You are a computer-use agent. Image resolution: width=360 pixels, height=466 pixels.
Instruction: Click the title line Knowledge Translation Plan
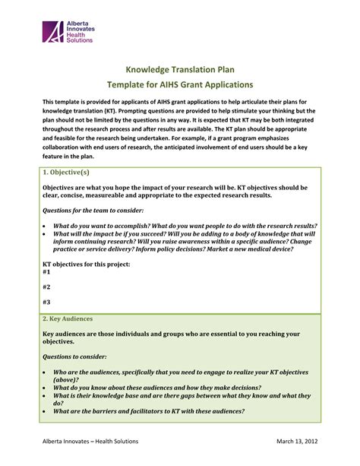tap(178, 68)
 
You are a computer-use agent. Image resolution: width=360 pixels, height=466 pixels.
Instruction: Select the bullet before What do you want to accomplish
tap(45, 227)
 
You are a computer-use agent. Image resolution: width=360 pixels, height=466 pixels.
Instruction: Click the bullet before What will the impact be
tap(45, 235)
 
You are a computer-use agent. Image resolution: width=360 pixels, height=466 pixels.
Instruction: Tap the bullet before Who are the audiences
tap(45, 372)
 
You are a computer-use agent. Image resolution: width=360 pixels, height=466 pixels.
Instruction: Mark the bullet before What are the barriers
tap(45, 411)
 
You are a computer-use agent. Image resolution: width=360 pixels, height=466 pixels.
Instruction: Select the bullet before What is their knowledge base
tap(45, 395)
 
